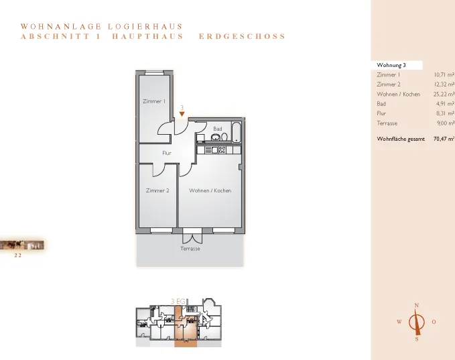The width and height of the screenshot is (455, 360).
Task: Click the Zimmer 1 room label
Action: click(x=154, y=101)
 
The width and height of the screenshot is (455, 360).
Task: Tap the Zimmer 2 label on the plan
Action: click(x=157, y=190)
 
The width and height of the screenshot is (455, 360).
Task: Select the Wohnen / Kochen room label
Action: click(x=210, y=190)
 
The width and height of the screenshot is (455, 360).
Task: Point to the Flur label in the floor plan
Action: click(x=167, y=153)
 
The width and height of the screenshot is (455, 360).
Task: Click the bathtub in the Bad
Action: click(x=236, y=132)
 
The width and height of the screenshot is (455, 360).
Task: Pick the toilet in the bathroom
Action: click(x=224, y=137)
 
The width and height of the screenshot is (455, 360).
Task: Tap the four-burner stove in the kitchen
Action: click(x=222, y=149)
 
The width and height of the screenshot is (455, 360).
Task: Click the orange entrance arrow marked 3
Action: click(x=182, y=114)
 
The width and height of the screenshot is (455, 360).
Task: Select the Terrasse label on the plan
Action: click(x=190, y=249)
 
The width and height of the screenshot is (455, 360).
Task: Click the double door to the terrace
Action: click(x=192, y=236)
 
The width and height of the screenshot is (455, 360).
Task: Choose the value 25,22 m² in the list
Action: click(x=444, y=94)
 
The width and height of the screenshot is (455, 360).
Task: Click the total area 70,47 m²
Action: click(x=444, y=139)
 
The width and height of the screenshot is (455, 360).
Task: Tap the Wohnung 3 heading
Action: click(x=391, y=65)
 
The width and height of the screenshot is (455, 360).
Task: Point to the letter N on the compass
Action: click(x=417, y=306)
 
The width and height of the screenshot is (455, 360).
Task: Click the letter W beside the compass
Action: click(x=399, y=322)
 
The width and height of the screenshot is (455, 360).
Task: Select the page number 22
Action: click(x=18, y=255)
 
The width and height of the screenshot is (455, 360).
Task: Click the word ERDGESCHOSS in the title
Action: click(x=243, y=36)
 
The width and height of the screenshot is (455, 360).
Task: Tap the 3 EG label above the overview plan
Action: click(x=178, y=302)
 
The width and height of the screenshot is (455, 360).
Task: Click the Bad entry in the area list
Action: click(x=381, y=104)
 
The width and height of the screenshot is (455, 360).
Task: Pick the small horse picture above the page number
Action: click(x=21, y=245)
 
